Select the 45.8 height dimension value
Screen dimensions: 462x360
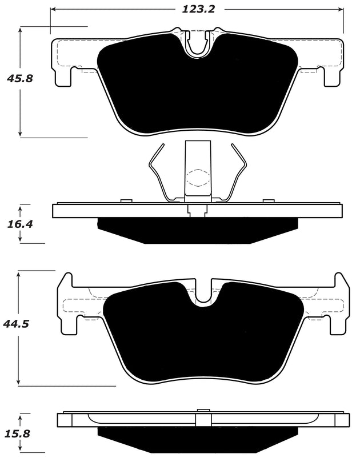(19, 78)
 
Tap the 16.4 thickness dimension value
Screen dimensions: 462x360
(19, 224)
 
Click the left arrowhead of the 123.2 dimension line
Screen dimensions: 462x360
(53, 10)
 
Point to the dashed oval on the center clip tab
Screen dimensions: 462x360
(198, 178)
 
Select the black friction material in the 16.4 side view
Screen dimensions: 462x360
(198, 231)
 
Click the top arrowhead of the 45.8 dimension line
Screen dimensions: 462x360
(21, 29)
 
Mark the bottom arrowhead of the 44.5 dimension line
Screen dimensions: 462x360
(19, 381)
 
